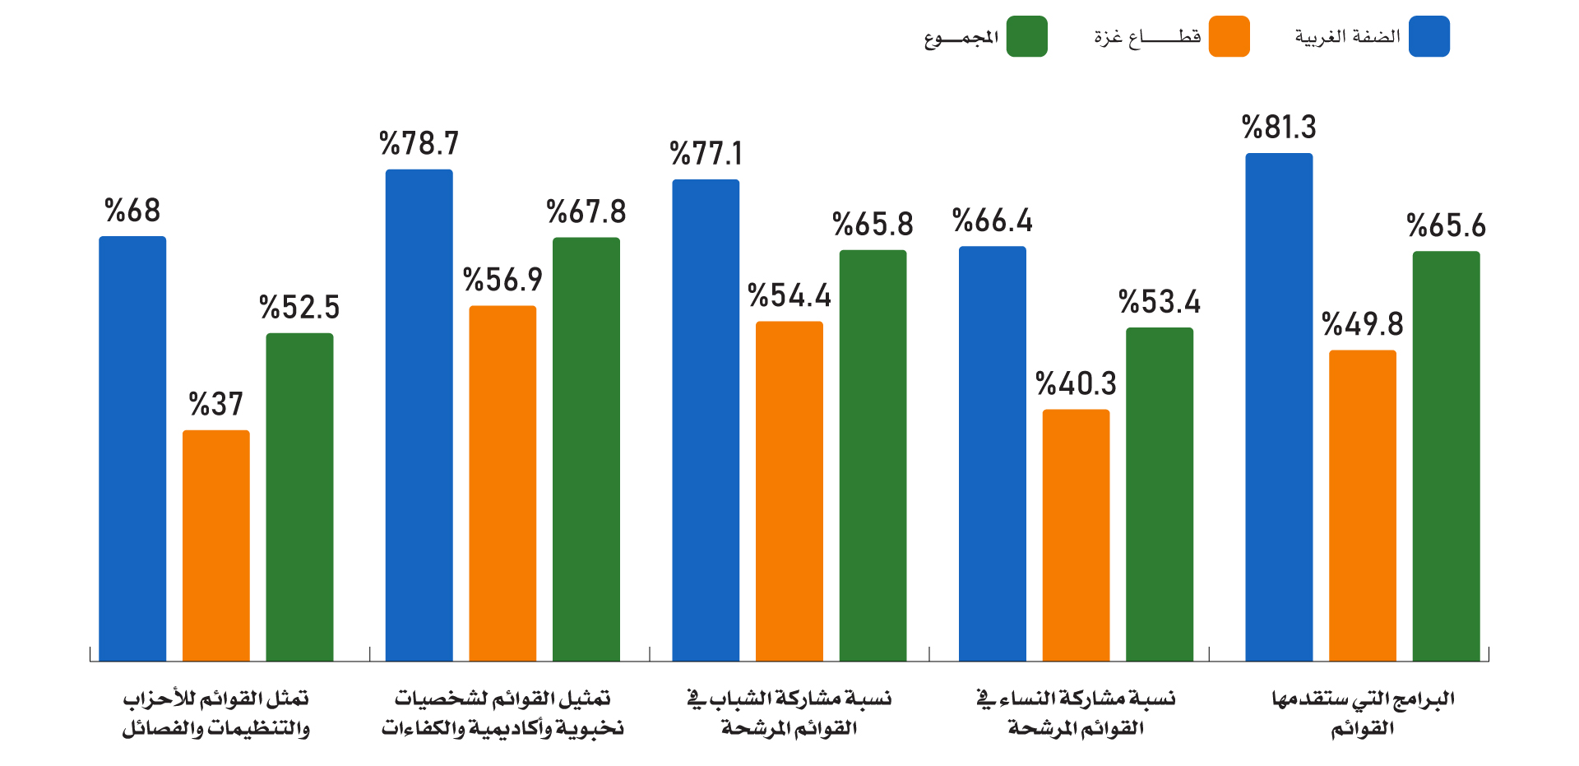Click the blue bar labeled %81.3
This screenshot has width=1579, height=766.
pos(1279,407)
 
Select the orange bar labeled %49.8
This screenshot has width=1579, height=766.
pos(1363,506)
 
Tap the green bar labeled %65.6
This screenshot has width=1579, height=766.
pos(1447,457)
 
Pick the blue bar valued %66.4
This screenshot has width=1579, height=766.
pos(993,454)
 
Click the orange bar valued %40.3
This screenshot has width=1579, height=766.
pos(1077,536)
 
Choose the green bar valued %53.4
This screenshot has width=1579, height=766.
pos(1160,494)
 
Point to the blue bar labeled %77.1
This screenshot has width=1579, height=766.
pos(706,420)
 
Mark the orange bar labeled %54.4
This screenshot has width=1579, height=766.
pos(789,491)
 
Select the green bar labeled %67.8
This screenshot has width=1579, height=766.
pos(586,449)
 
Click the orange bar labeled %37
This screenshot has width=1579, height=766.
pos(216,545)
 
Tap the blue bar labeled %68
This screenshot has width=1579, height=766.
pos(132,448)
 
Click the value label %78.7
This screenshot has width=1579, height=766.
pos(419,144)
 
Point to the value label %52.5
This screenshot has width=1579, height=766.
pos(299,308)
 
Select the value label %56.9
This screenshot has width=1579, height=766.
pos(503,281)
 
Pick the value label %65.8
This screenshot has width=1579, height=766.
pos(873,225)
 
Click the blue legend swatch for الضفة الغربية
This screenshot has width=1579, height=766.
pos(1429,36)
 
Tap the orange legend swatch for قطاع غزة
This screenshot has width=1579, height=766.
pos(1229,36)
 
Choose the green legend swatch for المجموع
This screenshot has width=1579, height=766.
pos(1027,36)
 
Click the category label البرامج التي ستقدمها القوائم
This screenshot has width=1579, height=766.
pos(1363,713)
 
